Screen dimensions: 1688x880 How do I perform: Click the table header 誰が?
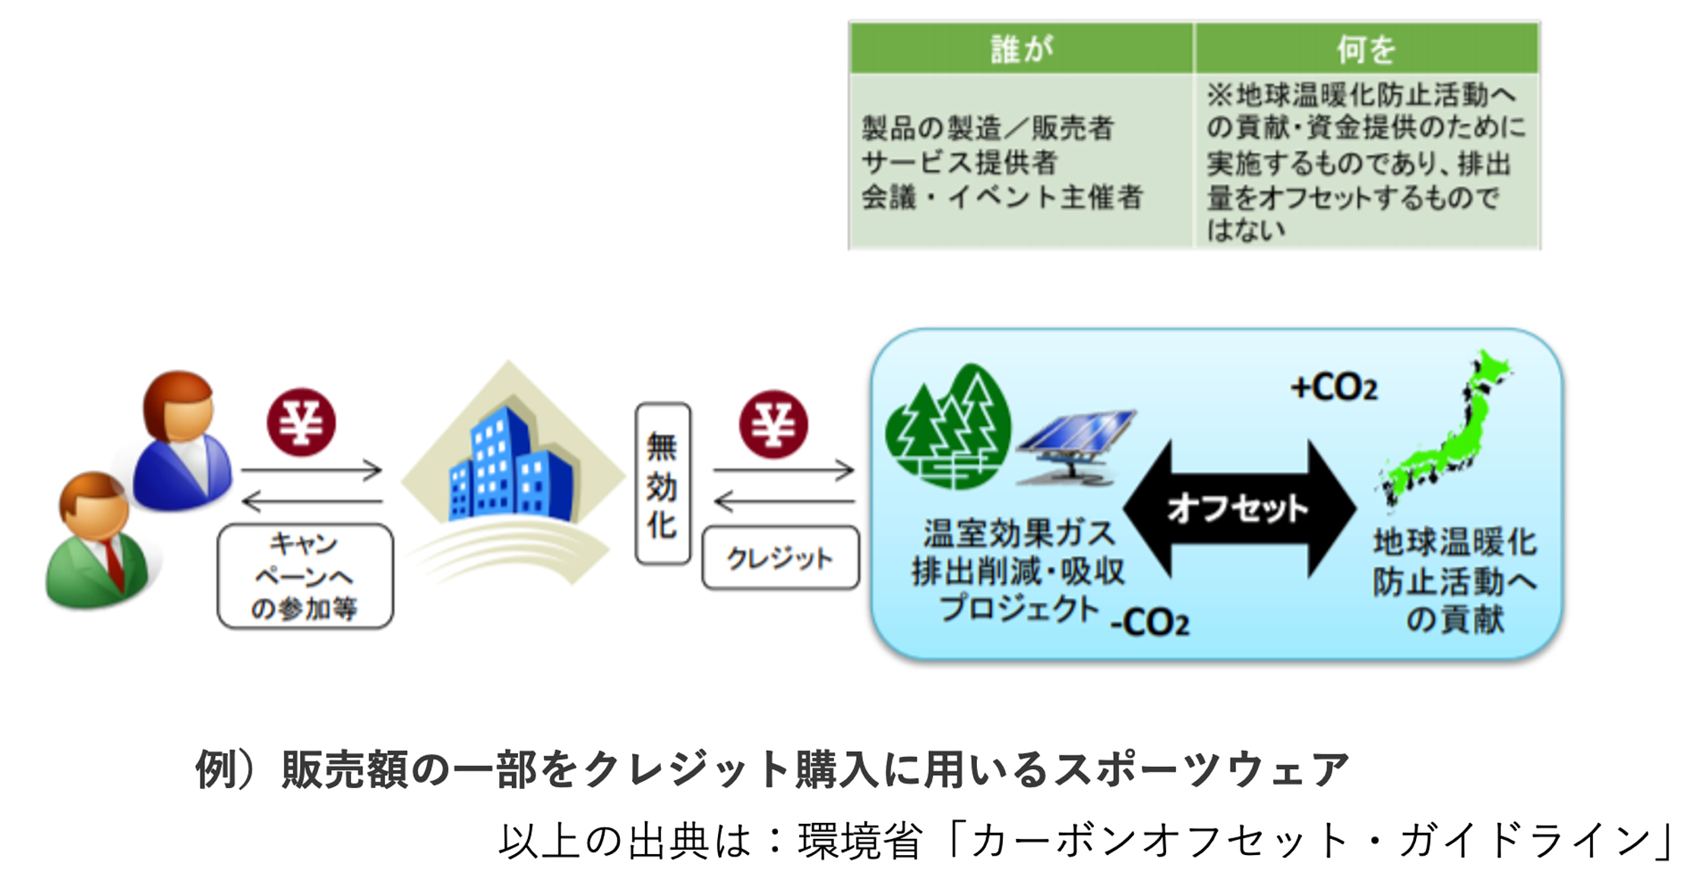click(1022, 49)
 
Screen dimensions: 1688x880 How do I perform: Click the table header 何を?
click(1366, 49)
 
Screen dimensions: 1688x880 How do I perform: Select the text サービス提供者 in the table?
click(959, 162)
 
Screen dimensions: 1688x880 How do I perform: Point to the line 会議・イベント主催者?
click(1002, 197)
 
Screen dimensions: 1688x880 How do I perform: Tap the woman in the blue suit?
click(182, 440)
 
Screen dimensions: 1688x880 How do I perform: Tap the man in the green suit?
click(99, 541)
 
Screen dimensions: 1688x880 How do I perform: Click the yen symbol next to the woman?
click(301, 422)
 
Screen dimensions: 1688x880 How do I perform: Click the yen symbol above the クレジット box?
click(773, 424)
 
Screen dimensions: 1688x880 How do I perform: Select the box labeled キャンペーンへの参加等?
click(305, 576)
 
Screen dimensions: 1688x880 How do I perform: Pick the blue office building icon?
click(511, 465)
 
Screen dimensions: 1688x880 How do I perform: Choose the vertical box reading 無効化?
click(662, 484)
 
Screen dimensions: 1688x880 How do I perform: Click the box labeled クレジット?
click(780, 559)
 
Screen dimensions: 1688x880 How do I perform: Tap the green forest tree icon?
click(948, 427)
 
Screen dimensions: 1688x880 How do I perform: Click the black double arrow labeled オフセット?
click(1239, 509)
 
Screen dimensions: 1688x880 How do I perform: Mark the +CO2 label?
click(1334, 388)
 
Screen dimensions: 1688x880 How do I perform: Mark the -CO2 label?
click(1149, 623)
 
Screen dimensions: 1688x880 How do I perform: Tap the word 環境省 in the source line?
click(860, 841)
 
